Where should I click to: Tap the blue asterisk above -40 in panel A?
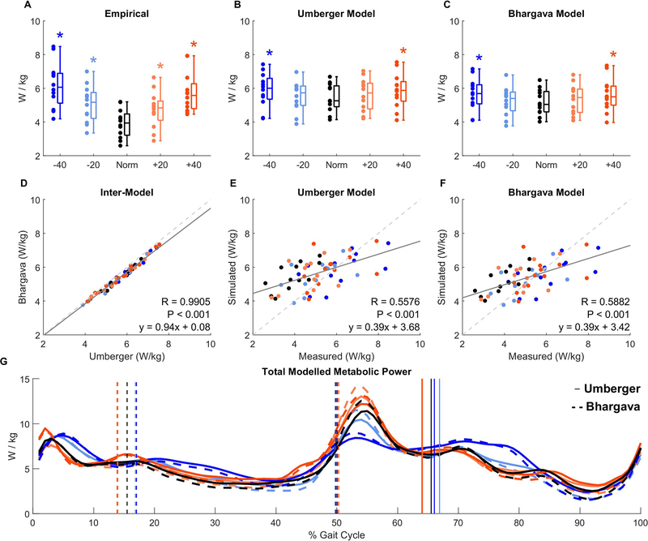[x=60, y=36]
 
